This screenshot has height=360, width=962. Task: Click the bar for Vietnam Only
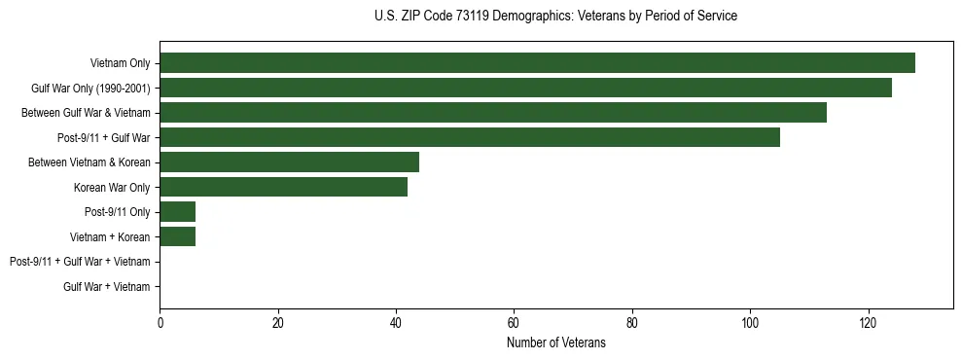coord(537,63)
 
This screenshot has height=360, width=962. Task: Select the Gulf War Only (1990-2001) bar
coord(525,88)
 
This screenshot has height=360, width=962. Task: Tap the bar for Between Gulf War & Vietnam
coord(493,113)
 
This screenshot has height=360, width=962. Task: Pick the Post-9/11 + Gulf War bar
coord(470,137)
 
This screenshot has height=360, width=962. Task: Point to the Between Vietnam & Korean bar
coord(289,162)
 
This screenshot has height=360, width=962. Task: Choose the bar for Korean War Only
coord(283,187)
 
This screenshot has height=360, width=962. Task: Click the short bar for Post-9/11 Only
coord(177,212)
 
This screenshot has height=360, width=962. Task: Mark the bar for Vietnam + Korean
coord(177,236)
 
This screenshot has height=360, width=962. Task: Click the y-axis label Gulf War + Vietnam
coord(107,287)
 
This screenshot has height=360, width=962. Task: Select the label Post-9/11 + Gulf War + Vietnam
coord(80,262)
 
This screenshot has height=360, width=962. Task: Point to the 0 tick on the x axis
coord(160,322)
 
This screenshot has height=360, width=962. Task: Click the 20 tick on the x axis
coord(277,322)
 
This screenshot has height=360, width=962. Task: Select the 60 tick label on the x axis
coord(514,322)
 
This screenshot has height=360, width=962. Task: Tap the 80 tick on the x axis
coord(632,322)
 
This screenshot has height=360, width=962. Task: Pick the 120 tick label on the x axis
coord(868,322)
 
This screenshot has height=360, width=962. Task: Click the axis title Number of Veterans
coord(556,342)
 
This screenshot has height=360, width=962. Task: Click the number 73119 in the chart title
coord(472,17)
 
